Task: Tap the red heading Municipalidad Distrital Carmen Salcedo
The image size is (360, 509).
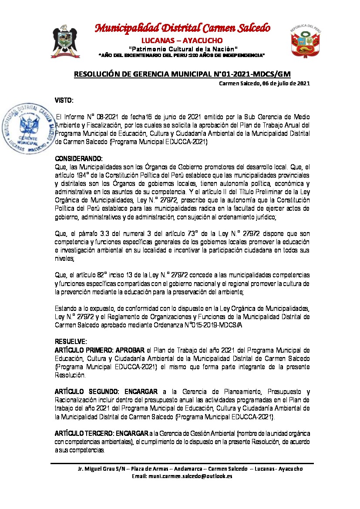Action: pyautogui.click(x=183, y=28)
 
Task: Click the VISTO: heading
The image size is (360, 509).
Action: pyautogui.click(x=64, y=101)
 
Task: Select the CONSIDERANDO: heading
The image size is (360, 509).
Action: pyautogui.click(x=78, y=158)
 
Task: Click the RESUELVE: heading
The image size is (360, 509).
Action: pyautogui.click(x=71, y=340)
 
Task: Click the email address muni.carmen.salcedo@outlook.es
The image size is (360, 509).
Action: pyautogui.click(x=182, y=476)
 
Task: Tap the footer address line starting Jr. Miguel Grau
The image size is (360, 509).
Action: pyautogui.click(x=190, y=469)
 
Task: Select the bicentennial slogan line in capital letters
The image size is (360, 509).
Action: pyautogui.click(x=182, y=55)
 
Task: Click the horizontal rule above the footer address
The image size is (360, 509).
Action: pyautogui.click(x=182, y=463)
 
